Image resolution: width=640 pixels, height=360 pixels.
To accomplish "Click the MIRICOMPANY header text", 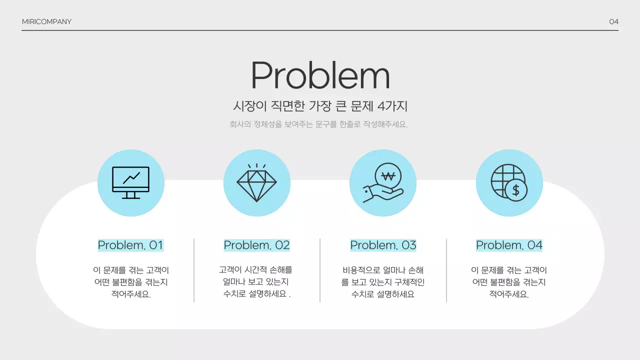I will tap(46, 21).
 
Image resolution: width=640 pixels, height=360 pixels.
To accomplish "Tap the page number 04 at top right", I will tap(613, 21).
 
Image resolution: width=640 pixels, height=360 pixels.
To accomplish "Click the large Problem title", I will tap(320, 76).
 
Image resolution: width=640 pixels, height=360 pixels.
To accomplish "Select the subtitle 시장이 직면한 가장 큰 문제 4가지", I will tap(320, 106).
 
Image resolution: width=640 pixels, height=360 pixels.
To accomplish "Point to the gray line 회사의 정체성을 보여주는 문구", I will tap(318, 124).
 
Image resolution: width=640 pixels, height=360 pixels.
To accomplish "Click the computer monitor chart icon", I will tap(130, 182).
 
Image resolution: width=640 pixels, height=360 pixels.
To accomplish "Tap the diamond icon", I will tap(256, 182).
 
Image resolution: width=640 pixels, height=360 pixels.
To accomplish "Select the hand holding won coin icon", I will tap(383, 183).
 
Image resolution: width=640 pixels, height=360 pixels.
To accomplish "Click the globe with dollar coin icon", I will tap(509, 182).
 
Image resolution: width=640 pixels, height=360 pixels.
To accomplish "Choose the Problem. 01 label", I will tap(130, 245).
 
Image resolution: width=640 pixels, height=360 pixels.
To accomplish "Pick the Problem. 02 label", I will tap(256, 245).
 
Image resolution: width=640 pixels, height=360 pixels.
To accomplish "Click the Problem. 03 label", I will tap(383, 245).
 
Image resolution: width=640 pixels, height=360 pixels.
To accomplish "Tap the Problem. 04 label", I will tap(509, 245).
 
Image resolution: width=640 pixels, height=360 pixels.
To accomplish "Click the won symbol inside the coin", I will tap(388, 176).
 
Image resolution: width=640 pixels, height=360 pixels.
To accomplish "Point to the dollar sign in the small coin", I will tap(516, 190).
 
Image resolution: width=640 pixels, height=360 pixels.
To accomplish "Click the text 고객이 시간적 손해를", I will tap(255, 270).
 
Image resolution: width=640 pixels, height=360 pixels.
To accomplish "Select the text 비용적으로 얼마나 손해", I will tap(383, 270).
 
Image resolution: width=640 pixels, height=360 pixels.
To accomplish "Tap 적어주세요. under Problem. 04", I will tap(509, 294).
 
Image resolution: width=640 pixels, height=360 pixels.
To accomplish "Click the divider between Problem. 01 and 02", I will tap(194, 270).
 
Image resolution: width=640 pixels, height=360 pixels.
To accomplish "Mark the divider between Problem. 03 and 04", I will tap(446, 270).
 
